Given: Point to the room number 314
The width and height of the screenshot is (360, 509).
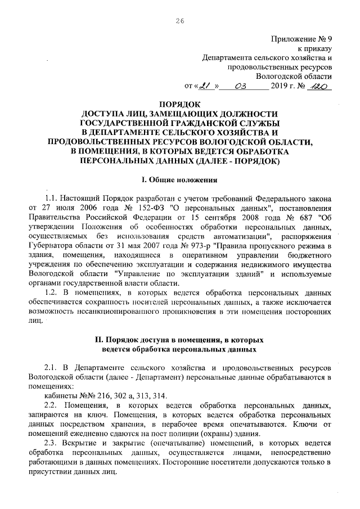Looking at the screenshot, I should (x=159, y=395).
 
